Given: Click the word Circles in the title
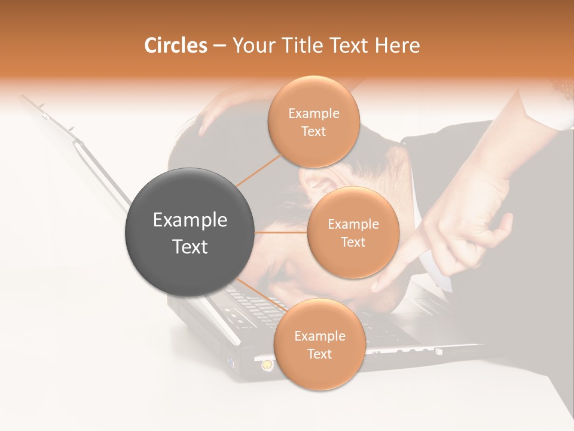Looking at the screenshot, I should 175,45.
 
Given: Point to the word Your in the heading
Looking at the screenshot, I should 253,45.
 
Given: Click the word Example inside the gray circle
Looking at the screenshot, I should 190,220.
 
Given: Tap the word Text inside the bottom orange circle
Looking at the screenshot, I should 319,354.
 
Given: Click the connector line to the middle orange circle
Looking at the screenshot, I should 281,232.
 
